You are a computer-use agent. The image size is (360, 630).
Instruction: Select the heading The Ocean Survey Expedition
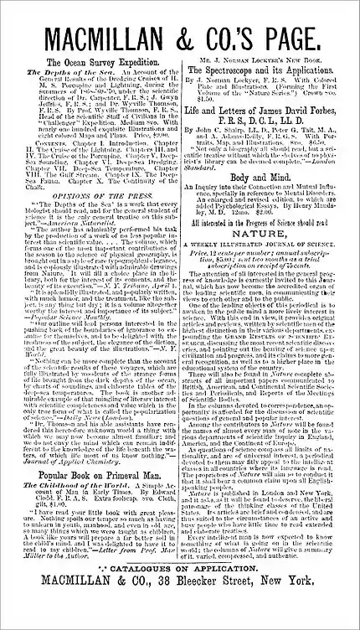click(x=95, y=63)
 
